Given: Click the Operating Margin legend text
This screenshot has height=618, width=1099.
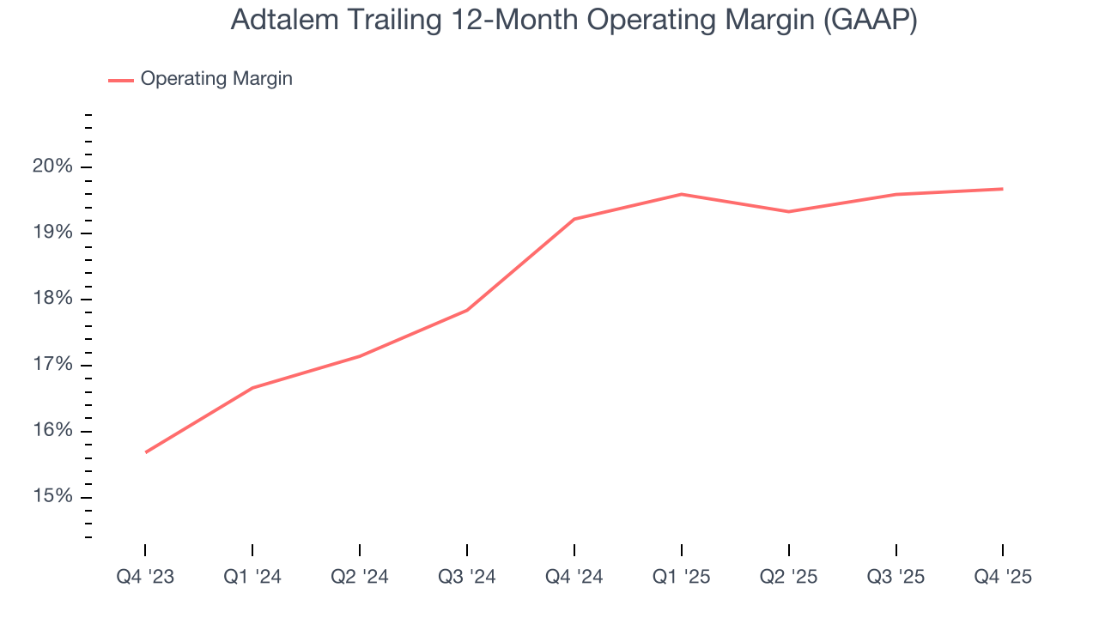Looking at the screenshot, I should pyautogui.click(x=216, y=79).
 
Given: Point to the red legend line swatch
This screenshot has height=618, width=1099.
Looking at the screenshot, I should pyautogui.click(x=120, y=80).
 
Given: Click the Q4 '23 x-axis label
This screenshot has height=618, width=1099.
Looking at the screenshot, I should pyautogui.click(x=145, y=577).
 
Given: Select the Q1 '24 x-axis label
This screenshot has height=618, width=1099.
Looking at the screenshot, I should pyautogui.click(x=252, y=577).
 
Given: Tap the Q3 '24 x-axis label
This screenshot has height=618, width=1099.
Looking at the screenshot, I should pyautogui.click(x=467, y=577).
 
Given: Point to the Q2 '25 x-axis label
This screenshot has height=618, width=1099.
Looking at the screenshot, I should pyautogui.click(x=789, y=577).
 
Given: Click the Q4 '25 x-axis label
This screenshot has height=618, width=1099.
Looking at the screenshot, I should pyautogui.click(x=1003, y=577).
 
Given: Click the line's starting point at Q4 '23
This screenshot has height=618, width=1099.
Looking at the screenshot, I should pyautogui.click(x=145, y=452).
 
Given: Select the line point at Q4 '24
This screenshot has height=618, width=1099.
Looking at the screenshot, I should pyautogui.click(x=574, y=219).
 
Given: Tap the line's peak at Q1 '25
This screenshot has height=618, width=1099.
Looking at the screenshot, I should pyautogui.click(x=682, y=194).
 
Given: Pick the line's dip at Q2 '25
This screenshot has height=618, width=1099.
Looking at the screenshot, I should pyautogui.click(x=789, y=211).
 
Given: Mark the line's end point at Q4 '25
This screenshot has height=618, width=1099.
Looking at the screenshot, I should pyautogui.click(x=1003, y=189).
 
